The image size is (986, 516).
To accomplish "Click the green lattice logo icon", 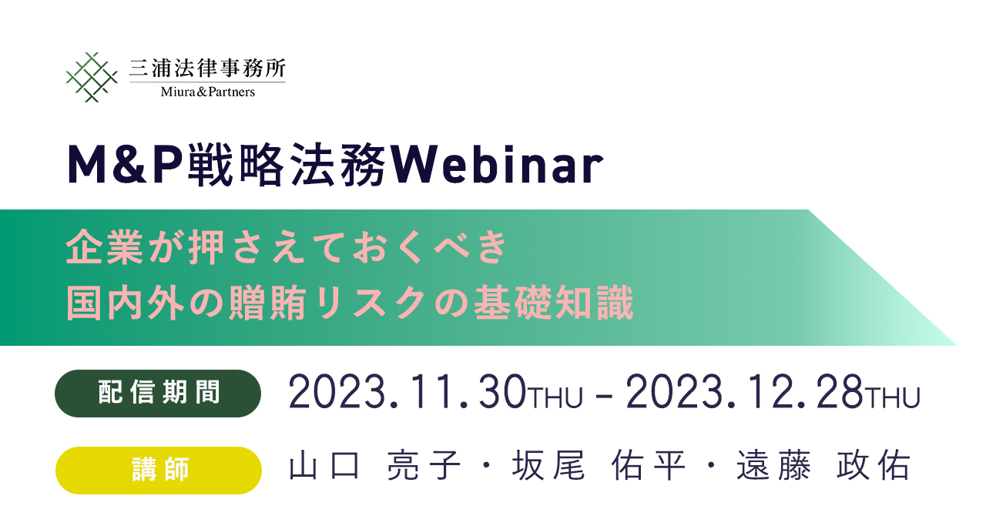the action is tap(92, 77).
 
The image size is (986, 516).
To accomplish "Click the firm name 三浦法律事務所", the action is tap(207, 68).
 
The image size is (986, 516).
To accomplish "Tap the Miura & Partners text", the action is tap(207, 92).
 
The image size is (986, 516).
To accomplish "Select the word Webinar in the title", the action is tap(497, 165).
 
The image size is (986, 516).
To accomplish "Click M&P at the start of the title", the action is tap(125, 164).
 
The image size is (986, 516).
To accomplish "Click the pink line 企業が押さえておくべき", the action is tap(287, 247).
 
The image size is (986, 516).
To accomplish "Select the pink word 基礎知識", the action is tap(554, 303).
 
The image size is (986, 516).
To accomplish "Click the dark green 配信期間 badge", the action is tap(158, 394).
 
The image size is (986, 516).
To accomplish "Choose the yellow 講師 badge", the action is tap(159, 471).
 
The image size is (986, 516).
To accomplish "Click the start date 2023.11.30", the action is tap(407, 392).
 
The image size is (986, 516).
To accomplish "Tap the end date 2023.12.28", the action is tap(744, 392).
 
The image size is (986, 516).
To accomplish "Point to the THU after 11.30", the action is tap(555, 397).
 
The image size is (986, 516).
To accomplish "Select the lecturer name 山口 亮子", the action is tap(374, 465).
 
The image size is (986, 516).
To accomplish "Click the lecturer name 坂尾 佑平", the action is tap(599, 465).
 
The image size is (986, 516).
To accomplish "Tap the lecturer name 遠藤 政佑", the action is tap(823, 465).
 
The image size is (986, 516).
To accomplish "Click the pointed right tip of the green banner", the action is tap(956, 345).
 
